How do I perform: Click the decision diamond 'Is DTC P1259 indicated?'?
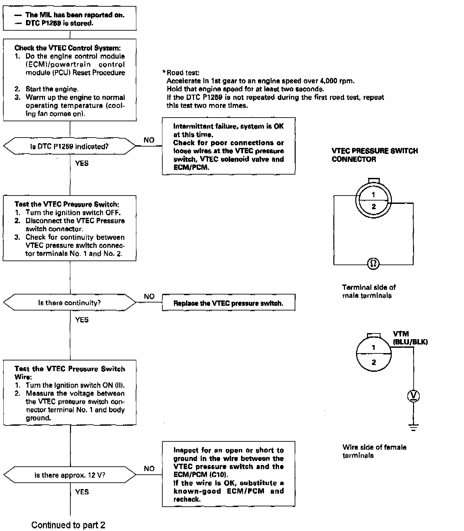(69, 146)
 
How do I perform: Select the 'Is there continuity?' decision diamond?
(69, 302)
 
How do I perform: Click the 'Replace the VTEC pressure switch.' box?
(228, 303)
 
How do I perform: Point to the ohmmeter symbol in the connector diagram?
(373, 264)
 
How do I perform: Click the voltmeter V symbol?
(413, 396)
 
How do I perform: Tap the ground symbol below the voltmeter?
(413, 427)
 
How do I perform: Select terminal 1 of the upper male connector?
(373, 195)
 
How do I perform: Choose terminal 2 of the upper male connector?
(373, 207)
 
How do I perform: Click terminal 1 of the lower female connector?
(373, 347)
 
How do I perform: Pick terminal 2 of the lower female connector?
(373, 362)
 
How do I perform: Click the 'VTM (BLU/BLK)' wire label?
(410, 338)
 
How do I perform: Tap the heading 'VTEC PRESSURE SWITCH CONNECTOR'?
(374, 155)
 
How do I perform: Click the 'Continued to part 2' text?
(68, 525)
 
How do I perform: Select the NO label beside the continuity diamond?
(149, 296)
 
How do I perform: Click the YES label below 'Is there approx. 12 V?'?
(82, 492)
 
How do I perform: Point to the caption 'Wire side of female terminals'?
(374, 451)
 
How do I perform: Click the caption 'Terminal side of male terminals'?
(369, 291)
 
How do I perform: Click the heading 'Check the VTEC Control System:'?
(67, 48)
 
